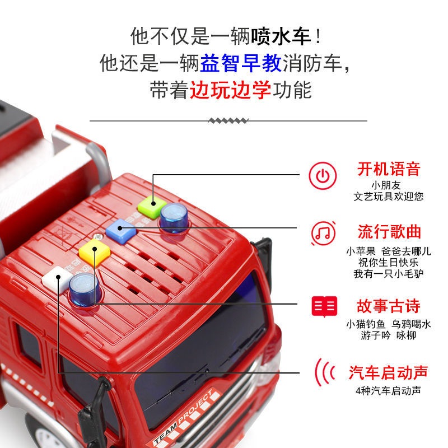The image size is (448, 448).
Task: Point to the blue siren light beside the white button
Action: [x=84, y=288]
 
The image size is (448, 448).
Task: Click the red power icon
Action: [x=323, y=176]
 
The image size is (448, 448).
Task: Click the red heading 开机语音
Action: [x=389, y=169]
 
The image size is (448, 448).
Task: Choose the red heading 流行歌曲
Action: [x=389, y=231]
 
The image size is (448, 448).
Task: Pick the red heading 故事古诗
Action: [x=389, y=306]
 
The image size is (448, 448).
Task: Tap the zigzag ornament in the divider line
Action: [x=228, y=120]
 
